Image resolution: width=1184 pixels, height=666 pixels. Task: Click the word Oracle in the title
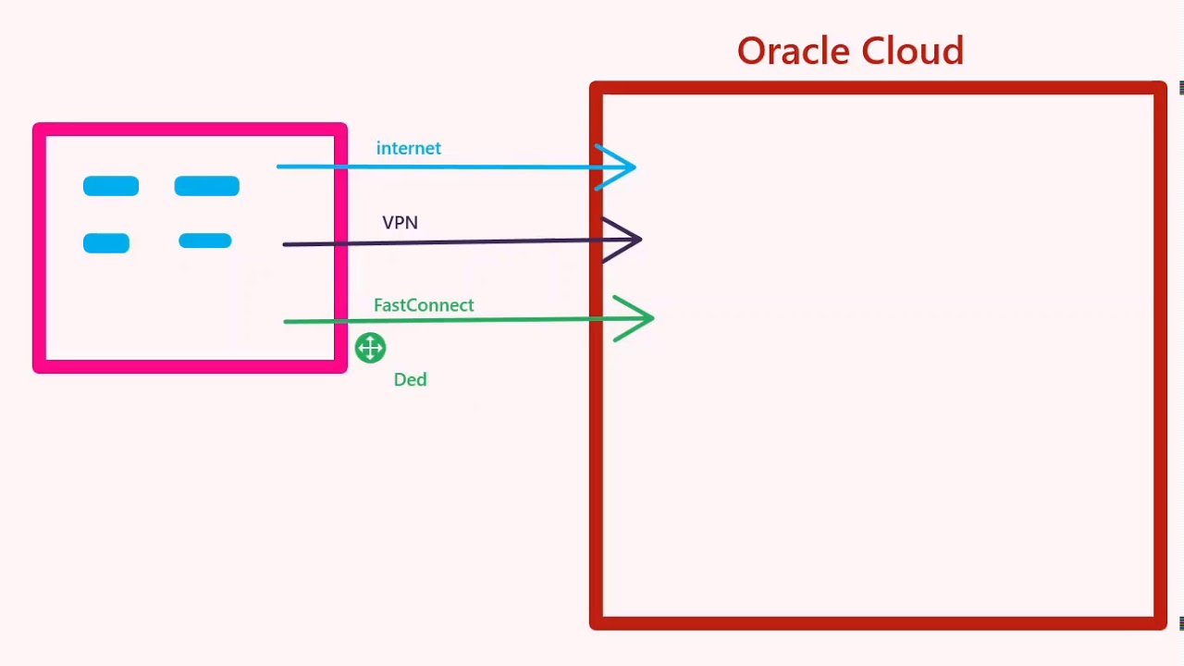pos(791,51)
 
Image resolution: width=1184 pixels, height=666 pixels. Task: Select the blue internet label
pos(408,148)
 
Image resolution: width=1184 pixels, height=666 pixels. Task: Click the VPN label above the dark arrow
pos(400,223)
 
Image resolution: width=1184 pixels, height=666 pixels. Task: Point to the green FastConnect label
pos(424,305)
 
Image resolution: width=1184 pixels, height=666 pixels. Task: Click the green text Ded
pos(410,380)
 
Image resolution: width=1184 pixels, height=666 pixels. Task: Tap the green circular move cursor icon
pos(370,348)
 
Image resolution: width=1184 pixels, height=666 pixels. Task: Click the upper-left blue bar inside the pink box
pos(111,187)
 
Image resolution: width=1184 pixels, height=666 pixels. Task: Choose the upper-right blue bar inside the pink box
pos(206,187)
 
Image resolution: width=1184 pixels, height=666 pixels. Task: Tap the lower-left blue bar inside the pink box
pos(106,243)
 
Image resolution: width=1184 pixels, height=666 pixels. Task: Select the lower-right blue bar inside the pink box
pos(204,241)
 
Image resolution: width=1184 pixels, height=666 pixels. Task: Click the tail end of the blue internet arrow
pos(279,166)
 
